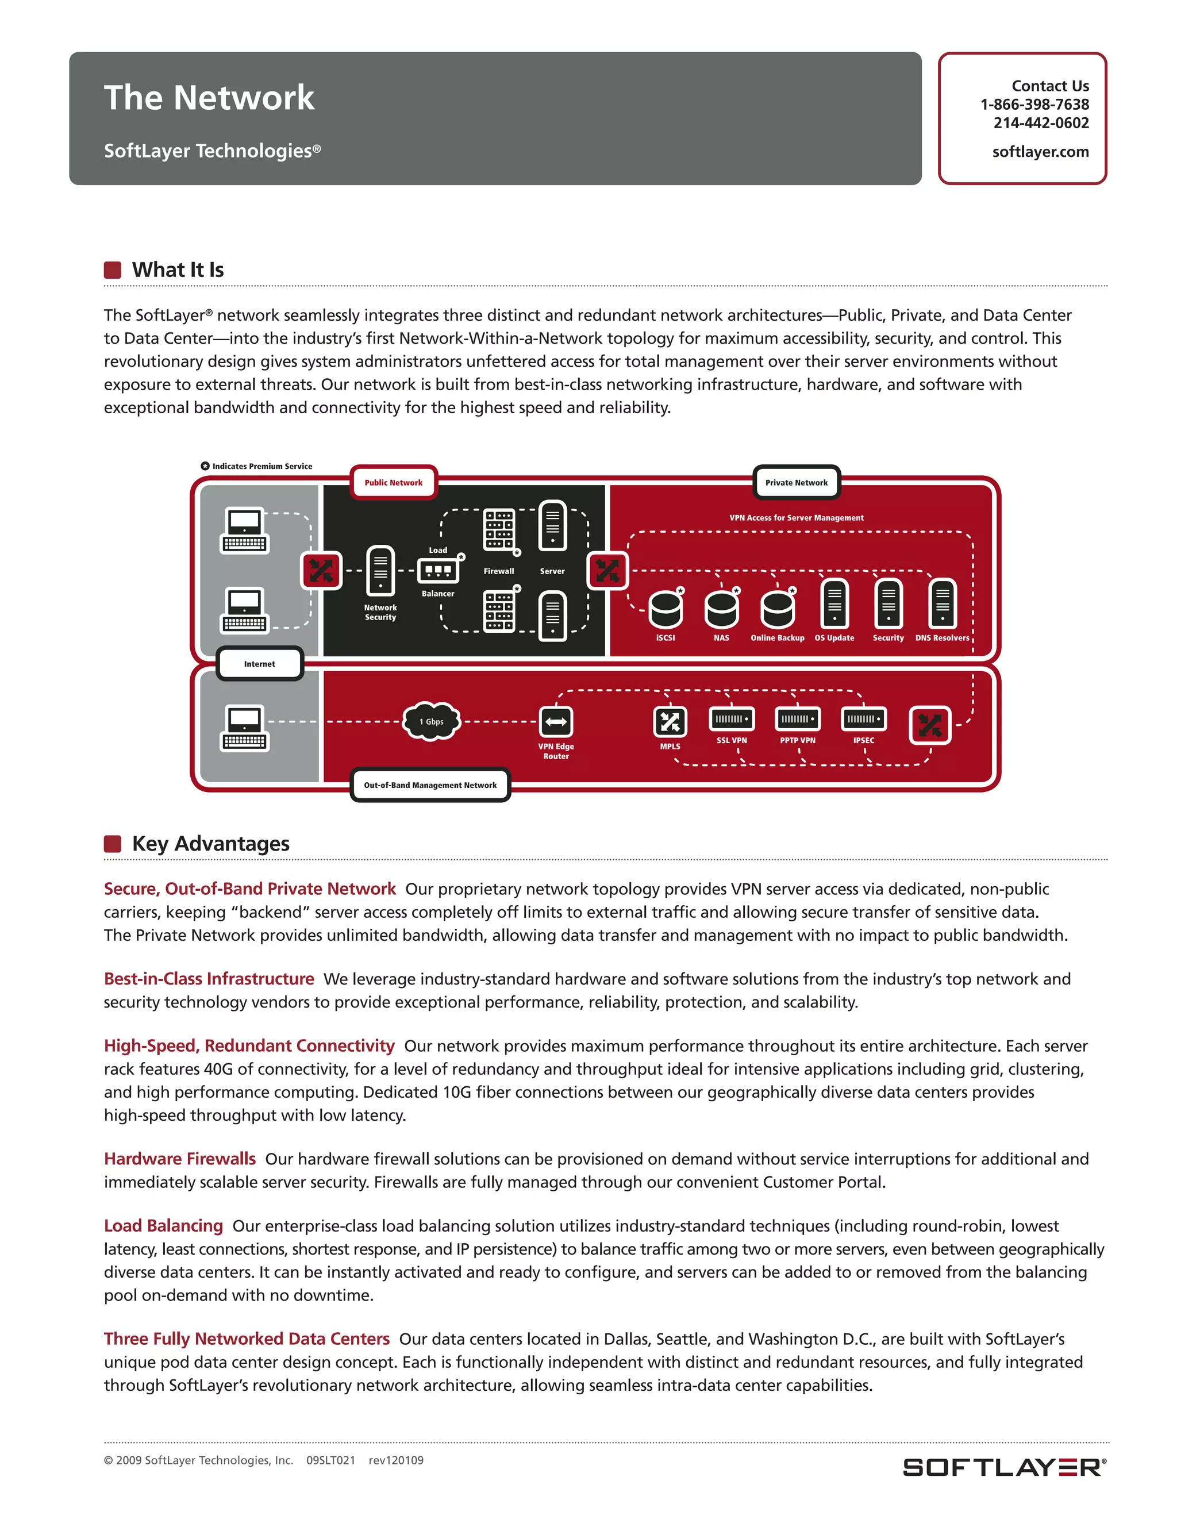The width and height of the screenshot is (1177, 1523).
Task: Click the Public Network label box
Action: pos(393,483)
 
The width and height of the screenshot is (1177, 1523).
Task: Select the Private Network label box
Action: pos(797,483)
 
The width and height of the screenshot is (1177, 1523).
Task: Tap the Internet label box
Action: pos(259,664)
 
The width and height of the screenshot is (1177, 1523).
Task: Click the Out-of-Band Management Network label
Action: pos(430,785)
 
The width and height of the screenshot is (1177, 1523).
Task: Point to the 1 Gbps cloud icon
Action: pos(432,721)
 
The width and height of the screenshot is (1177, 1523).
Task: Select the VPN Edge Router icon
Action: pos(556,722)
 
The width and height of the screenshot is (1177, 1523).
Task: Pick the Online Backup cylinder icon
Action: pos(777,609)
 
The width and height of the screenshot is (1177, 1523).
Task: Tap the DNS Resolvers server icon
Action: pos(942,604)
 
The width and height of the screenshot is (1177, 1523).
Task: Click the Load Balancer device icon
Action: pos(438,571)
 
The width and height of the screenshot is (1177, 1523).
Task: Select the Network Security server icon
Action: pos(380,571)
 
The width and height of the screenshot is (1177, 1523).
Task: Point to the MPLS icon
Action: pos(670,722)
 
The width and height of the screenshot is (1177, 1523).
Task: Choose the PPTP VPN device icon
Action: pos(798,719)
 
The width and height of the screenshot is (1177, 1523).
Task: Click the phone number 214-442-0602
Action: pos(1040,123)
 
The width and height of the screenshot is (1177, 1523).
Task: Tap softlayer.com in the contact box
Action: pos(1040,152)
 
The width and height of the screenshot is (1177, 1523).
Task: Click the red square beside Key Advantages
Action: pos(112,844)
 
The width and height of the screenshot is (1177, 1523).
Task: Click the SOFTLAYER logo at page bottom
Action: pos(1003,1467)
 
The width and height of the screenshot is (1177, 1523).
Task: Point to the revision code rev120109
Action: pos(395,1460)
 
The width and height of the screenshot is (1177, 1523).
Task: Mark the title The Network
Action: pos(209,98)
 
